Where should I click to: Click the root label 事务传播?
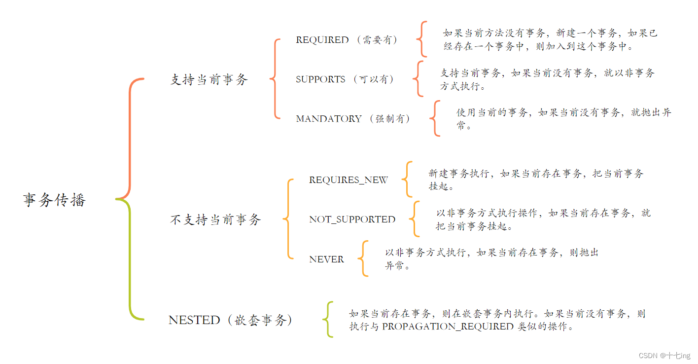coord(54,200)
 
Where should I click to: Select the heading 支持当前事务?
coord(209,80)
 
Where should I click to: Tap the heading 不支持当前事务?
coord(215,220)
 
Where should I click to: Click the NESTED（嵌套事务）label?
coord(230,320)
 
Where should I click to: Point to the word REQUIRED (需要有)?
coord(347,40)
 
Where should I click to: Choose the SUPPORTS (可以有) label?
coord(345,79)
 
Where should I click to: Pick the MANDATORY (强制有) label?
coord(353,119)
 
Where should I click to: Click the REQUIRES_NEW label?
coord(349,180)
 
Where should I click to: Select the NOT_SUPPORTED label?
coord(352,219)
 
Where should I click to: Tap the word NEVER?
coord(326,259)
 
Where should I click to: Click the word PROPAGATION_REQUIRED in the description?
coord(448,327)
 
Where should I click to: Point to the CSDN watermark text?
coord(664,356)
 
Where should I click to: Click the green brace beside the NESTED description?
coord(328,320)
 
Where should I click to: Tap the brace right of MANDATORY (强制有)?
coord(435,118)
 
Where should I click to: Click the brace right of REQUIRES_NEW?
coord(407,179)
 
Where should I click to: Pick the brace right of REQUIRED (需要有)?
coord(422,39)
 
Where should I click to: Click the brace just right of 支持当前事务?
coord(275,79)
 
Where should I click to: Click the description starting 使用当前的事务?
coord(563,119)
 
